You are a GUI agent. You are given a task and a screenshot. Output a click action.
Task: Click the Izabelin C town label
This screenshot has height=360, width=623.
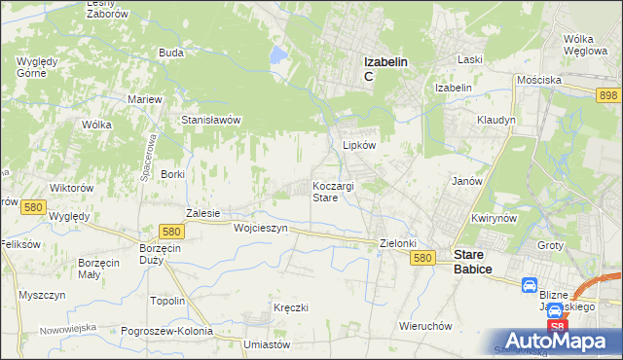[x=385, y=68]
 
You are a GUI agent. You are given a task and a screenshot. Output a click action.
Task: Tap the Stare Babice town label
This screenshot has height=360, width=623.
[x=477, y=263]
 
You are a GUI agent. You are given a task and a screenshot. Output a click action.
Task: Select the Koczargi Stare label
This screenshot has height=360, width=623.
[x=338, y=191]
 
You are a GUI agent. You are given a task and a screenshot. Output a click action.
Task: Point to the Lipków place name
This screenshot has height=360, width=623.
[x=359, y=145]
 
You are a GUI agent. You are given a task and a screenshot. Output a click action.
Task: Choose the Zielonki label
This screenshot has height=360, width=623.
[x=397, y=243]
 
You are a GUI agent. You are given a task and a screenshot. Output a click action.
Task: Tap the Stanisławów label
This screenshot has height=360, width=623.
[x=211, y=120]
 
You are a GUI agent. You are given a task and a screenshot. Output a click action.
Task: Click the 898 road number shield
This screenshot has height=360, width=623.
[x=609, y=93]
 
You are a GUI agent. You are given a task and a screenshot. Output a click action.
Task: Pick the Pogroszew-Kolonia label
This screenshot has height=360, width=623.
[x=167, y=331]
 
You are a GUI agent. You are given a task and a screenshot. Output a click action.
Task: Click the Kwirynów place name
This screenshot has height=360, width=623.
[x=492, y=219]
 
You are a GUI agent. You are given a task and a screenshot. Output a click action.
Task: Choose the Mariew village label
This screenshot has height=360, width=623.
[x=145, y=99]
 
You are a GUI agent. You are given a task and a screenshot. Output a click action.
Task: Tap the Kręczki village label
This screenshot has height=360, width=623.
[x=291, y=307]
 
